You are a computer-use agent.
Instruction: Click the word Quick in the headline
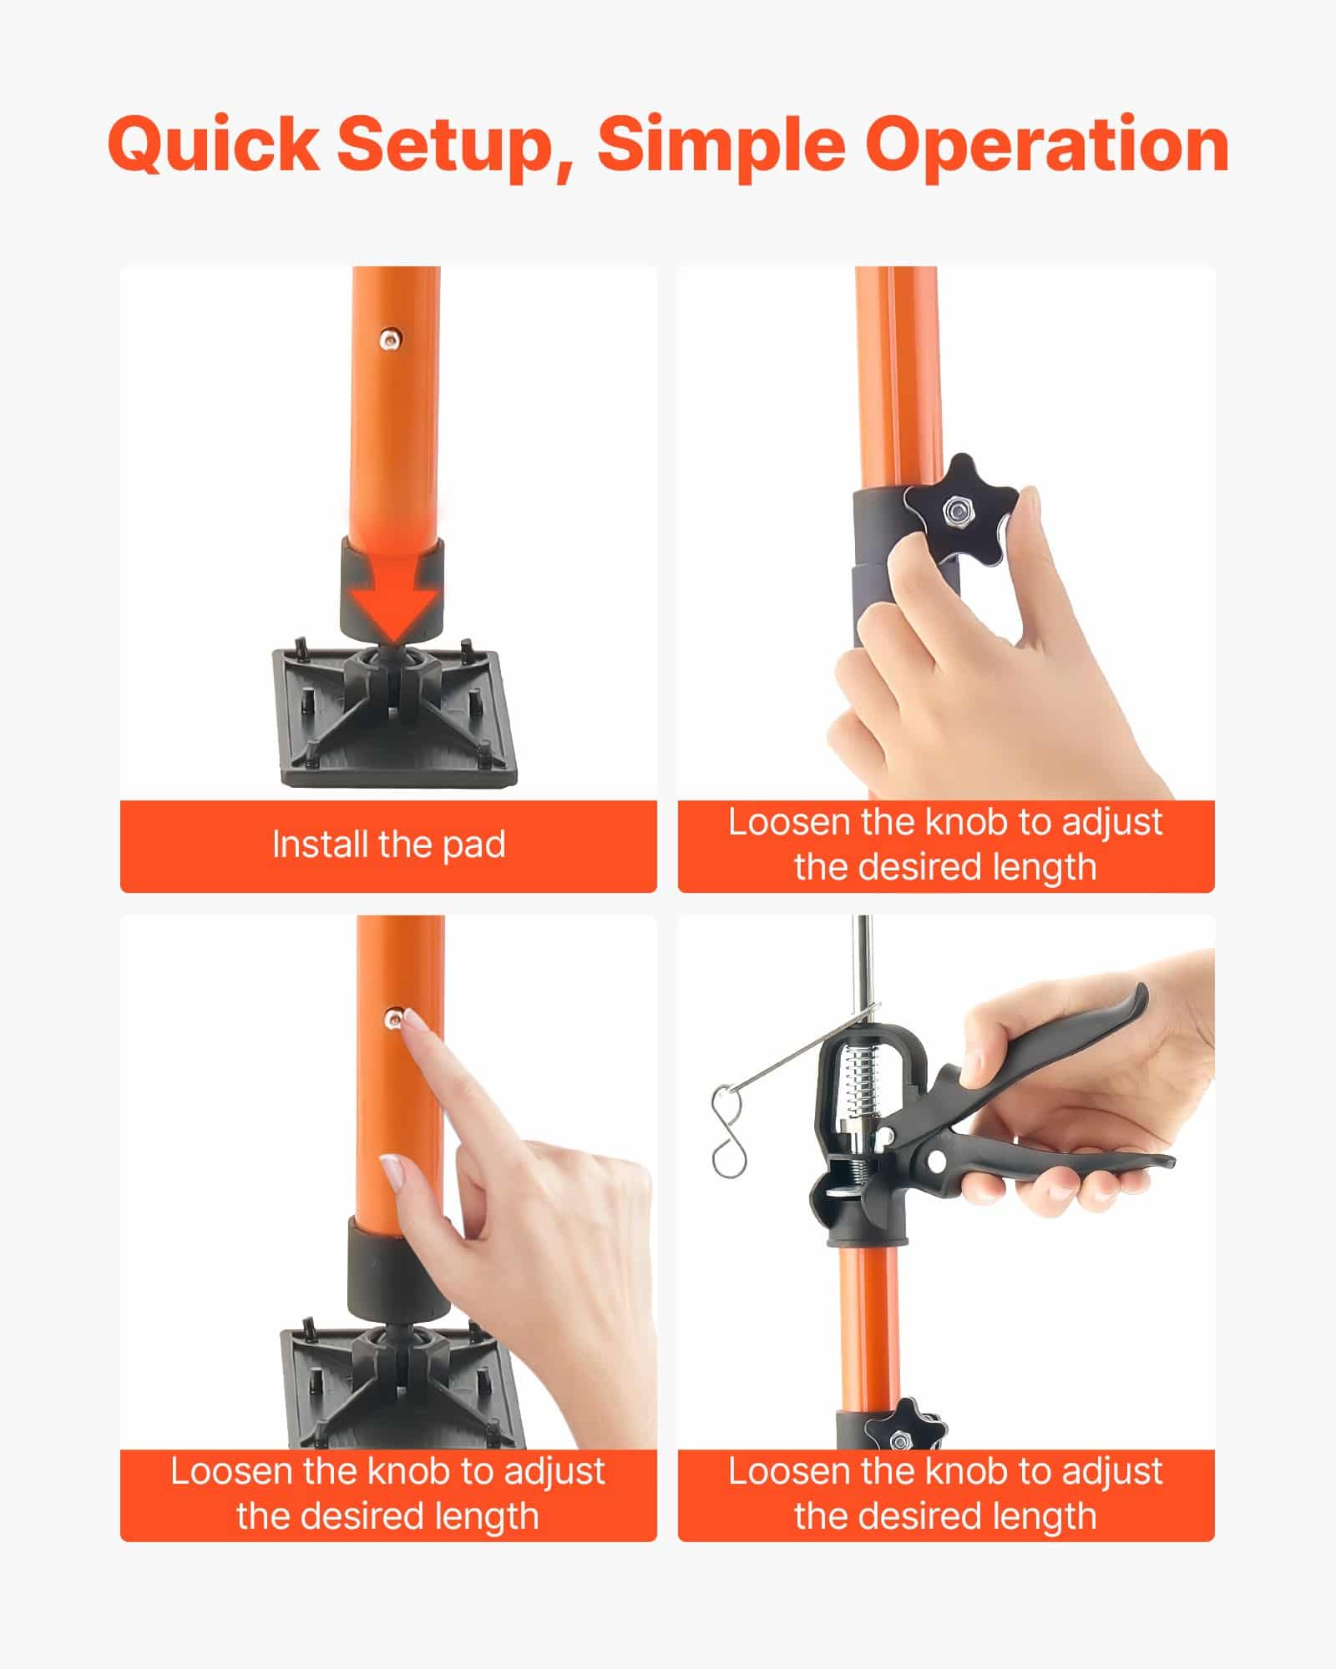212,145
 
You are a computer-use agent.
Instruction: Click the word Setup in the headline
454,145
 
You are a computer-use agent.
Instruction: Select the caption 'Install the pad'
388,845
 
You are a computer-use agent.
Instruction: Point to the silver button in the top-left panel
389,338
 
